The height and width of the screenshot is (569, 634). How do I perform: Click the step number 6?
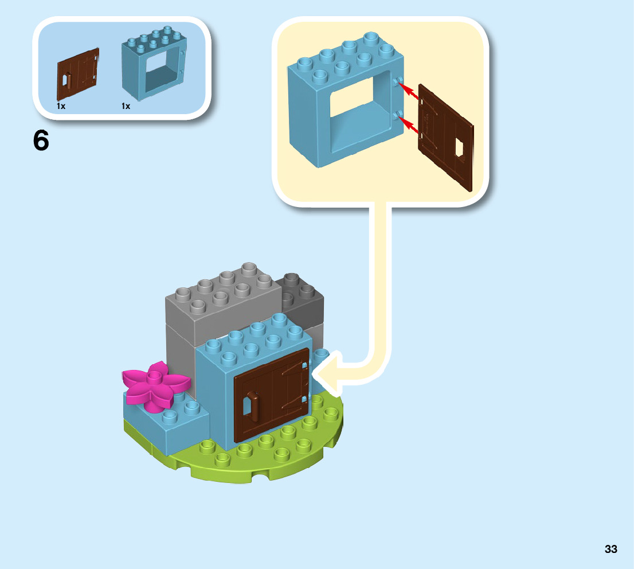pyautogui.click(x=41, y=141)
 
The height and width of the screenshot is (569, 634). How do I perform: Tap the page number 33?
pyautogui.click(x=610, y=549)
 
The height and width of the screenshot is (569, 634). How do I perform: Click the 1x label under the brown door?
pyautogui.click(x=61, y=106)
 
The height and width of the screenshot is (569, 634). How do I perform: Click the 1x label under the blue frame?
pyautogui.click(x=126, y=106)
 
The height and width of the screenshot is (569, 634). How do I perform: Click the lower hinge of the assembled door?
pyautogui.click(x=303, y=399)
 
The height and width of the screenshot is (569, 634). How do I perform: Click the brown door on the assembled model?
pyautogui.click(x=272, y=396)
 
